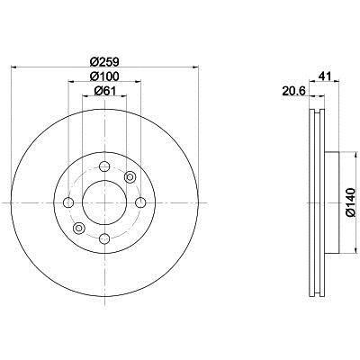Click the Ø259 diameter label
click(104, 61)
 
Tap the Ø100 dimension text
click(104, 76)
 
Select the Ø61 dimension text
click(104, 91)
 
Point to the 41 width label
click(325, 76)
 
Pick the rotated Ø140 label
click(350, 202)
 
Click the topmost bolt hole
click(104, 166)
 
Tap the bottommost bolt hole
click(104, 238)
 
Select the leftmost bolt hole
click(68, 202)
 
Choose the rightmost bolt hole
click(140, 202)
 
